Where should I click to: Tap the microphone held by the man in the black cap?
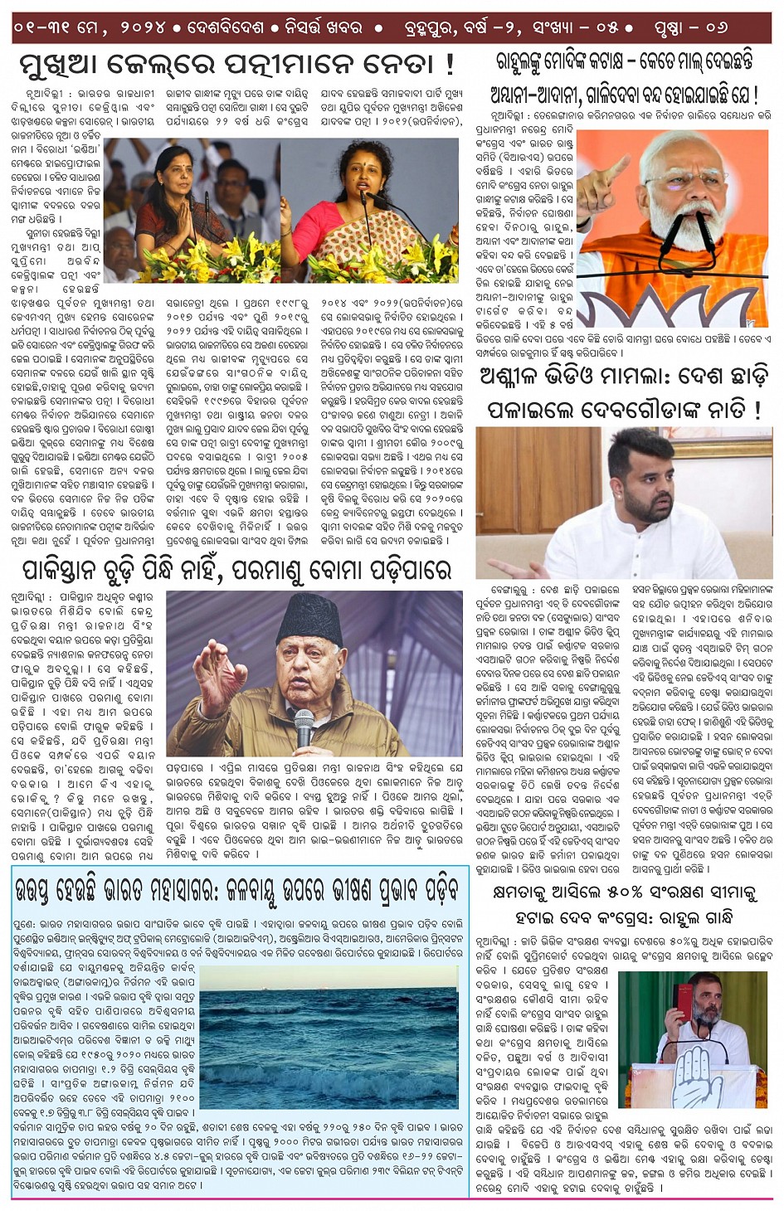[x=304, y=722]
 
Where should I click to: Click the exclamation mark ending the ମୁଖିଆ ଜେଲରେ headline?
[x=449, y=64]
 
